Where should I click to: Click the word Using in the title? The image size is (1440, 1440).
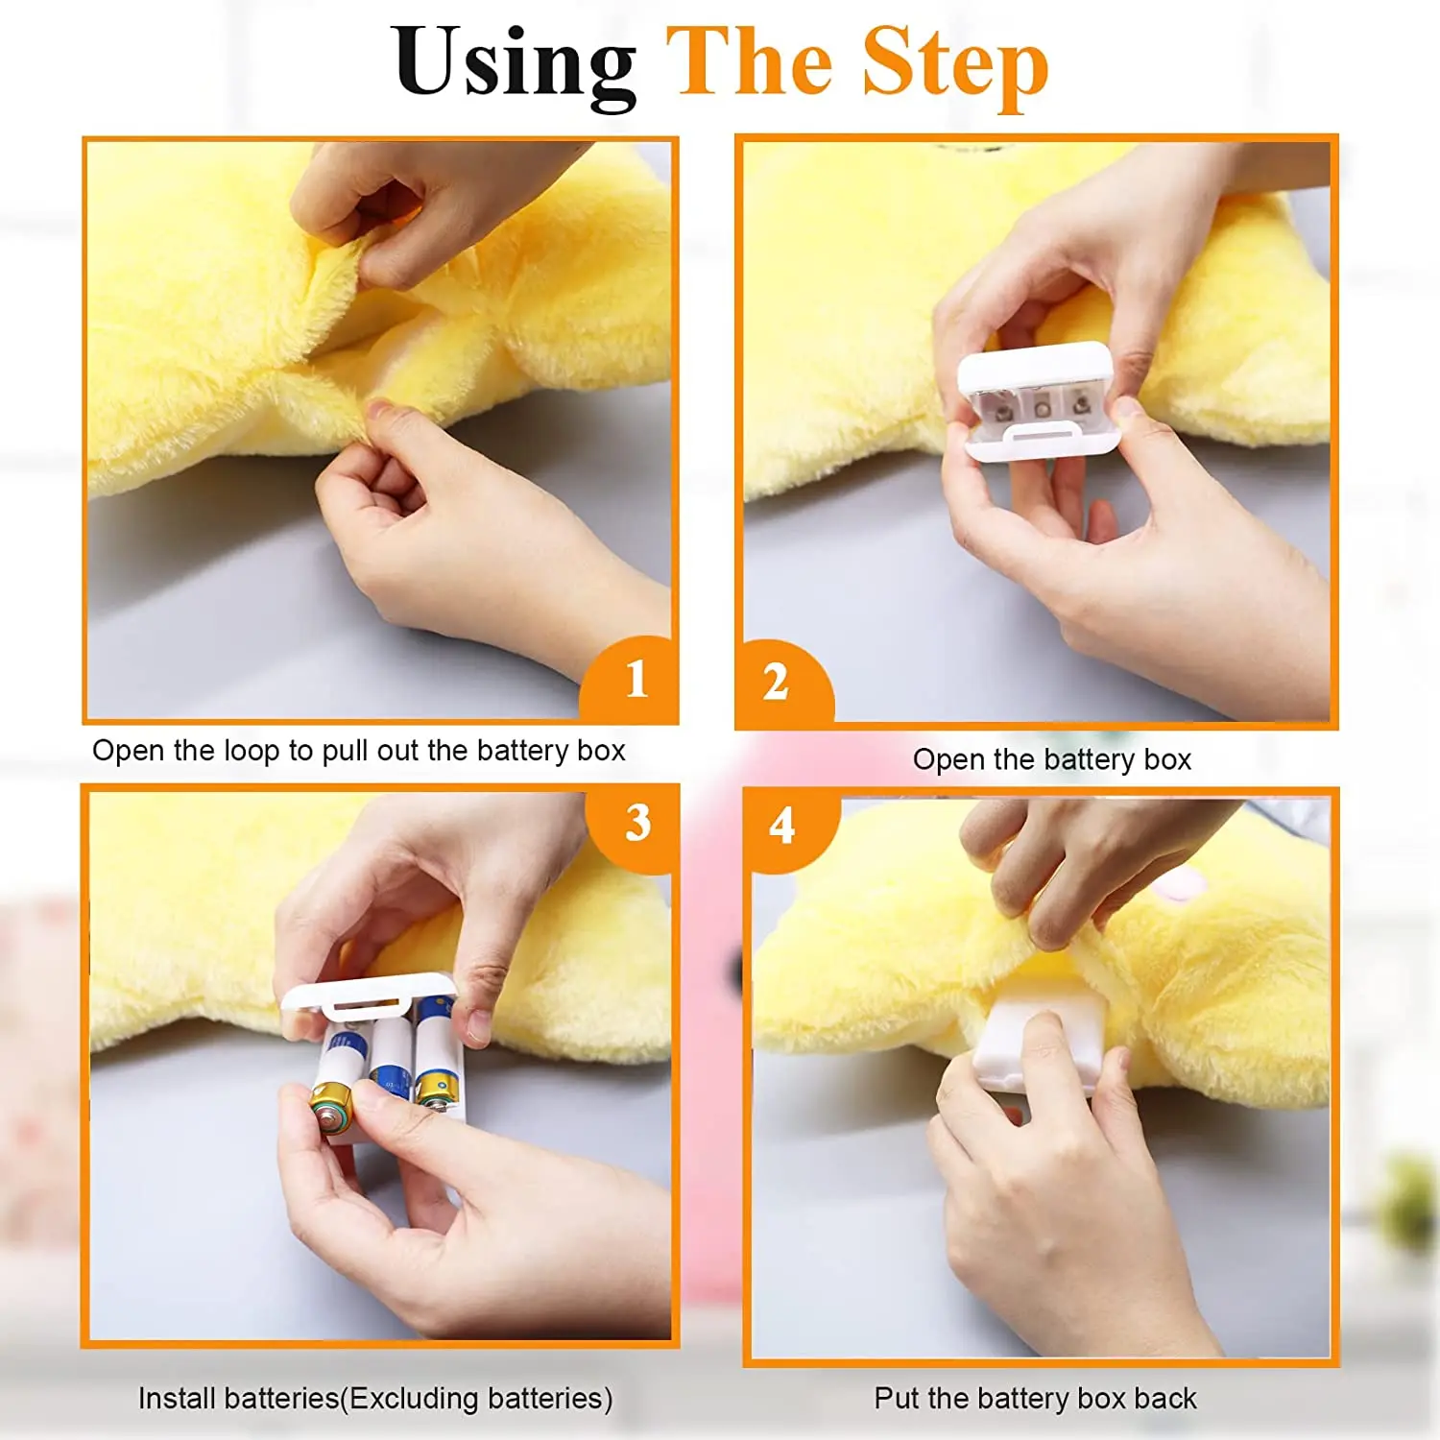515,64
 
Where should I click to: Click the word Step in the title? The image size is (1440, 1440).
955,64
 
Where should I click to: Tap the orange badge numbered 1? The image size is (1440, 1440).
631,680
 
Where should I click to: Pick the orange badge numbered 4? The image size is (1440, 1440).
789,828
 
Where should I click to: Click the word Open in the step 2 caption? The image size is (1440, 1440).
948,759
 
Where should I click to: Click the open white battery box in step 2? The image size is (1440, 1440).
1039,401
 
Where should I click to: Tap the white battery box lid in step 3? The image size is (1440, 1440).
368,995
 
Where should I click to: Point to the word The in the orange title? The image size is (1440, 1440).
750,62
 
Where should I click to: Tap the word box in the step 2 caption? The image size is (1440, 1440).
1167,759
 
